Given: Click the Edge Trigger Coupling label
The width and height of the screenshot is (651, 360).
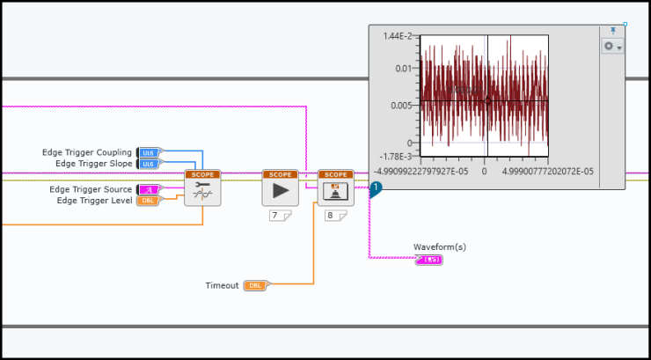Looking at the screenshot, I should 87,152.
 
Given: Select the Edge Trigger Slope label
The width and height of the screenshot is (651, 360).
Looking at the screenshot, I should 93,163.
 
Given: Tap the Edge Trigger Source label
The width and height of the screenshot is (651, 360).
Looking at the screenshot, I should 91,189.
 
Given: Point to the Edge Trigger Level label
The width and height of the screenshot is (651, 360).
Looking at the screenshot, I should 95,200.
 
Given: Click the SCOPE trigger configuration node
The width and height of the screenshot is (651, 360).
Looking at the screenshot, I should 201,188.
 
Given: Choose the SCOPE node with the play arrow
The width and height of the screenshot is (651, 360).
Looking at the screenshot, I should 281,188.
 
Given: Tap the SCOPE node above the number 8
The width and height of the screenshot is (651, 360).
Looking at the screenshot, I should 335,188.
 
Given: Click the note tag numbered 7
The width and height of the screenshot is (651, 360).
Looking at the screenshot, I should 280,215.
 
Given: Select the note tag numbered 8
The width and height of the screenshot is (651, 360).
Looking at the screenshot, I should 334,215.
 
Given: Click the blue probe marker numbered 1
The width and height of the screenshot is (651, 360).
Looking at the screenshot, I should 375,187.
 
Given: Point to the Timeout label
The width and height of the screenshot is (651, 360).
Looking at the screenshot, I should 222,285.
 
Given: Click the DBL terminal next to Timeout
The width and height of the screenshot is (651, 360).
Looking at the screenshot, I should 254,285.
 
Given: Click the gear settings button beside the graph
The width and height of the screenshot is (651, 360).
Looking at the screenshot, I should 612,46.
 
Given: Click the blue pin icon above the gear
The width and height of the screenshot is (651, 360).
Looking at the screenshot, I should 613,31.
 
